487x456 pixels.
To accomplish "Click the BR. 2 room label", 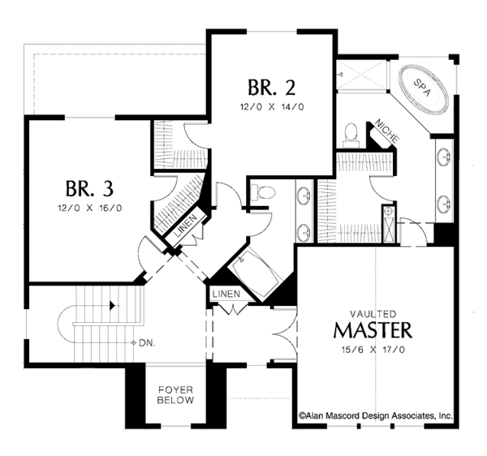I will (x=268, y=88).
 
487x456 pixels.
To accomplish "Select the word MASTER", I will (x=373, y=330).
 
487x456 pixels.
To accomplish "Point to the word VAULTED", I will (x=373, y=312).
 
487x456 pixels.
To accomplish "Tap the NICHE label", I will (x=385, y=131).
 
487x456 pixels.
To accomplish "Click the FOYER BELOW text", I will (x=175, y=394).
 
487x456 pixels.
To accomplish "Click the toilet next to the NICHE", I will (x=351, y=134).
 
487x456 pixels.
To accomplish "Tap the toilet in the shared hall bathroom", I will (x=263, y=193).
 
